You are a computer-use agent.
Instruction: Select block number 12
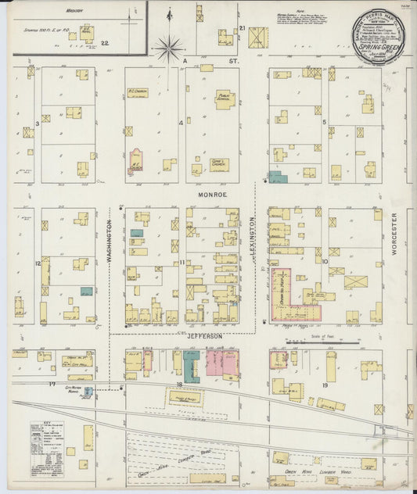[x=37, y=263]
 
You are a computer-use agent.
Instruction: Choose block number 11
[x=181, y=263]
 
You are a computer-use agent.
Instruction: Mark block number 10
[x=324, y=263]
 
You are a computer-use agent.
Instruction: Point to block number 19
[x=324, y=385]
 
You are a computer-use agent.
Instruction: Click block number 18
[x=179, y=385]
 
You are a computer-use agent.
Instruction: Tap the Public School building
[x=225, y=100]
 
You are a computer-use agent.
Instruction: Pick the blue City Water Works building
[x=88, y=391]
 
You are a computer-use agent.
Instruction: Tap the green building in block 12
[x=86, y=291]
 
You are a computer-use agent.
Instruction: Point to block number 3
[x=37, y=123]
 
